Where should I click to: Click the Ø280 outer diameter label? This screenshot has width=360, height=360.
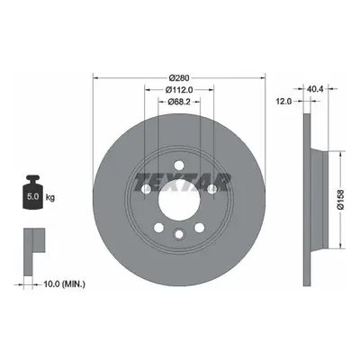(179, 78)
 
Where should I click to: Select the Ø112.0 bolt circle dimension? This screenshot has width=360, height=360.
(179, 89)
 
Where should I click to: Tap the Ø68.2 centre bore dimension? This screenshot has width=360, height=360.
(179, 102)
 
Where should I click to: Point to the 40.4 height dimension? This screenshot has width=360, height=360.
(315, 89)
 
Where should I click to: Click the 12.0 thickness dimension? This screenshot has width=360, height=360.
(283, 102)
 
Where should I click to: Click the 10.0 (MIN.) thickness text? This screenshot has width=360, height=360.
(64, 283)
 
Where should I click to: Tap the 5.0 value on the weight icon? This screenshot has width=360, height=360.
(32, 197)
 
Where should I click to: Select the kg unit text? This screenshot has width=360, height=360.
(50, 197)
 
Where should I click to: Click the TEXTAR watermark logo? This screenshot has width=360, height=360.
(183, 182)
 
